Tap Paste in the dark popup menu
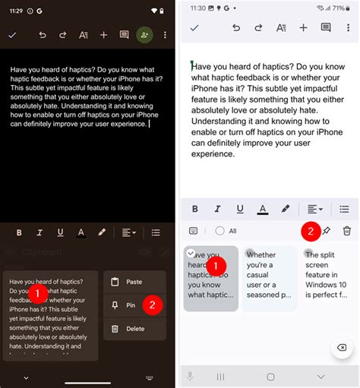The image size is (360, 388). [x=134, y=282]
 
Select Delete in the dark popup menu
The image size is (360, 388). [x=134, y=329]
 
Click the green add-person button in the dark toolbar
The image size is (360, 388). [x=144, y=35]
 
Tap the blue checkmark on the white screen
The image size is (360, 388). [x=194, y=27]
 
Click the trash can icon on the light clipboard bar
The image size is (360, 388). [x=347, y=231]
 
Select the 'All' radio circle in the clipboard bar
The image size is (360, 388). [x=220, y=231]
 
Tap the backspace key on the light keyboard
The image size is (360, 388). [x=341, y=347]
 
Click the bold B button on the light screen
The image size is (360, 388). [x=195, y=209]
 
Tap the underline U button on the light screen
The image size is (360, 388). [x=240, y=209]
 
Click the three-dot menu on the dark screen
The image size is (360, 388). [x=165, y=35]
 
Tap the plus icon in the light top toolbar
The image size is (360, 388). [x=303, y=27]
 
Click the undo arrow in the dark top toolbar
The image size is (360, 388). [x=42, y=35]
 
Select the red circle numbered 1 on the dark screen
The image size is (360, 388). [x=38, y=292]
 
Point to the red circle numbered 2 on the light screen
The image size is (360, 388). [x=309, y=231]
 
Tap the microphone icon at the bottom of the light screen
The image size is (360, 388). [x=190, y=377]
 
